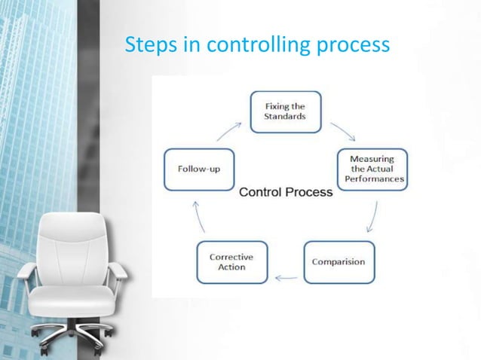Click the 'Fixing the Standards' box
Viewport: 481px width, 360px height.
coord(286,112)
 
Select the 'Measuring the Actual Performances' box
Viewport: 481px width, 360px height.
coord(372,169)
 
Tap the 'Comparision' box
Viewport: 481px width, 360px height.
coord(339,261)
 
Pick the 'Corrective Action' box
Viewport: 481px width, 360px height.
coord(231,261)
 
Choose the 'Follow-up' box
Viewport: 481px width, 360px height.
coord(199,168)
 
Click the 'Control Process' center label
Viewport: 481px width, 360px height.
coord(286,192)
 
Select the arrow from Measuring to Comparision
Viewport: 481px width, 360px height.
coord(371,218)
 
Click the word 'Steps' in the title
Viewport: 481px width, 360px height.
coord(149,46)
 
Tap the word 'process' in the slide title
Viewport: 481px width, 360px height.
coord(354,46)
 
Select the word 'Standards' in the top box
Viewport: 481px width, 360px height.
coord(286,117)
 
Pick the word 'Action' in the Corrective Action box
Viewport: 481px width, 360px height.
coord(231,267)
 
